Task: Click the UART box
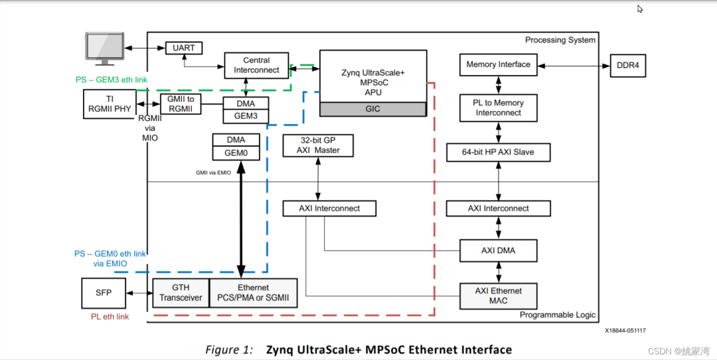pos(184,48)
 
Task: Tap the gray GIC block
pos(372,109)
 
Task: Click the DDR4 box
pos(627,65)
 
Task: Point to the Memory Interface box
pos(498,65)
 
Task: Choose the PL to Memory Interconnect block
pos(498,108)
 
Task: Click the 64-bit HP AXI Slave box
pos(498,152)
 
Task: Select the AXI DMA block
pos(498,250)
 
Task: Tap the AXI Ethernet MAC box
pos(498,296)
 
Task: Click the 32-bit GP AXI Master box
pos(318,145)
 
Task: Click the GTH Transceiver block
pos(181,293)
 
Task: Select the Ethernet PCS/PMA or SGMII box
pos(253,293)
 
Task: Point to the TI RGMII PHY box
pos(110,104)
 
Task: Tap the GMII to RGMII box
pos(180,104)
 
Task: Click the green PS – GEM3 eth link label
pos(111,80)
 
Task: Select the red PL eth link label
pos(110,317)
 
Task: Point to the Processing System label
pos(560,40)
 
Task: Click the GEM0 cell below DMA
pos(236,153)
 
